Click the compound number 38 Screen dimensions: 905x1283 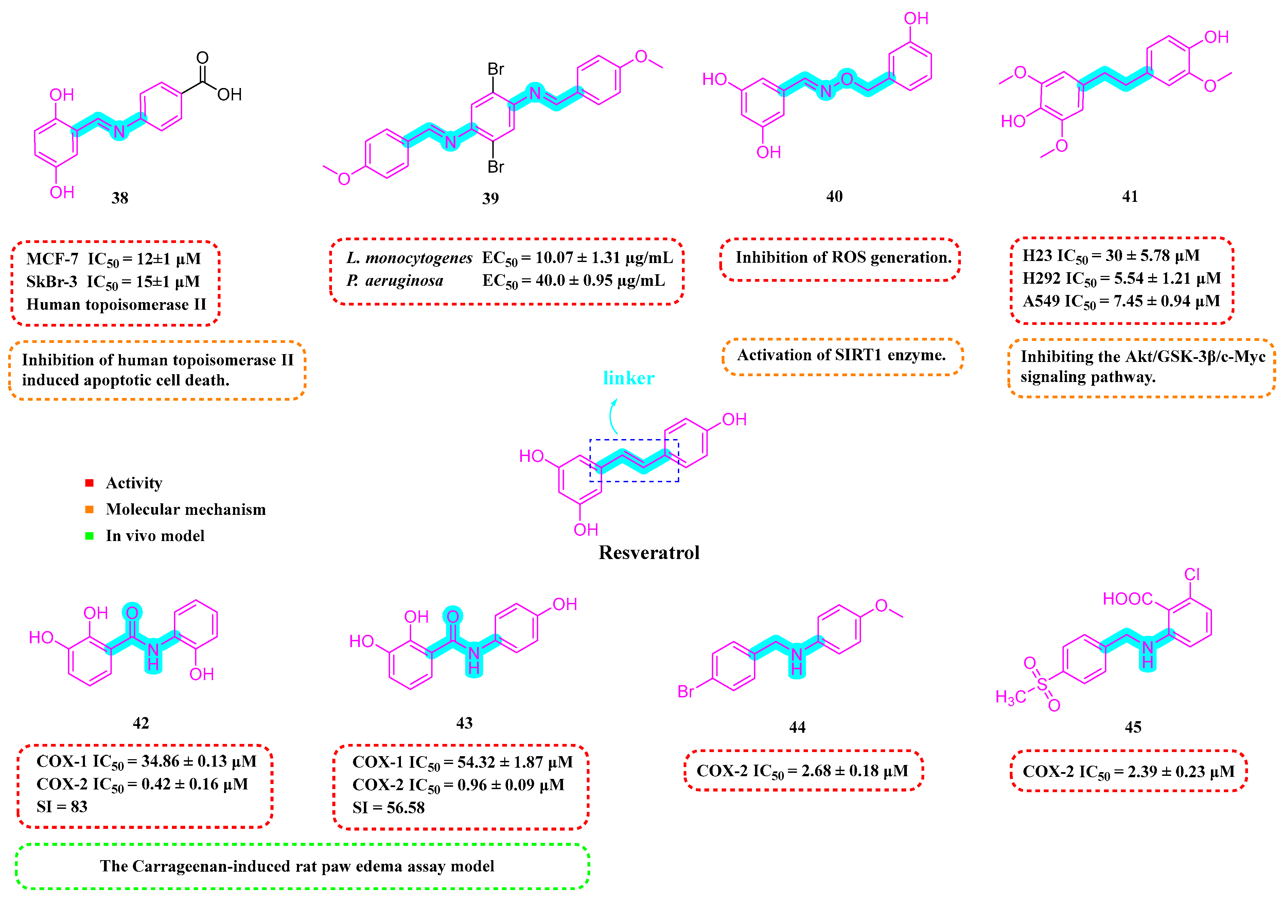[x=120, y=198]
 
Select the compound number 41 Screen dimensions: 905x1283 [x=1130, y=196]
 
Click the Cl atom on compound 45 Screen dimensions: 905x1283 [x=1192, y=574]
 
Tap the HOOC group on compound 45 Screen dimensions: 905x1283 [x=1127, y=599]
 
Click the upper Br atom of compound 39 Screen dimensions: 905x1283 [x=496, y=69]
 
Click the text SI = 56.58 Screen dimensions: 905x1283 [x=388, y=808]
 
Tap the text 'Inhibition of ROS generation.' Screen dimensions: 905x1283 [x=843, y=257]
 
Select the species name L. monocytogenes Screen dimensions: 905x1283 [x=409, y=258]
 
